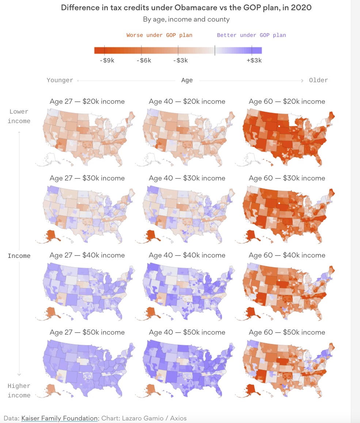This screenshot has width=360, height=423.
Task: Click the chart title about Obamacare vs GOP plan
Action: point(186,8)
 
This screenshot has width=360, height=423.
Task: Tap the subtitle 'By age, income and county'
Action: point(186,19)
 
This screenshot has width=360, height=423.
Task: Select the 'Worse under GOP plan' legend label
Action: point(159,35)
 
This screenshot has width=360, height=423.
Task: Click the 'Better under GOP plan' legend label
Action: point(251,35)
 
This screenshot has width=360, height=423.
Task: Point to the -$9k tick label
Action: point(107,60)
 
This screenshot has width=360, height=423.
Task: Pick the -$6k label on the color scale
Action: point(143,60)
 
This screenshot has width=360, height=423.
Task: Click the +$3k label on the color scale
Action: point(254,60)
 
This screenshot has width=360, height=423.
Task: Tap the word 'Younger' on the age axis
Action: point(60,80)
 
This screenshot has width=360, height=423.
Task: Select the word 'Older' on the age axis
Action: point(318,80)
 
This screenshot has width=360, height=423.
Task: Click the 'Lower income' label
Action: point(19,116)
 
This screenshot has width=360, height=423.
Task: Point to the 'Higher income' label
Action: point(19,390)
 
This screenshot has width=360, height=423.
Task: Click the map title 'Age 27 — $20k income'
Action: point(87,102)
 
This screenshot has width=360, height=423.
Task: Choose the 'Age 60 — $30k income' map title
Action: point(287,178)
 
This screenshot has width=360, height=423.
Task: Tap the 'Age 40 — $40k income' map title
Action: point(187,255)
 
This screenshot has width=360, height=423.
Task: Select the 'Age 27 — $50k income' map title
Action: point(87,332)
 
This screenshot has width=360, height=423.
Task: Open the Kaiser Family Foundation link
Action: point(59,418)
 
